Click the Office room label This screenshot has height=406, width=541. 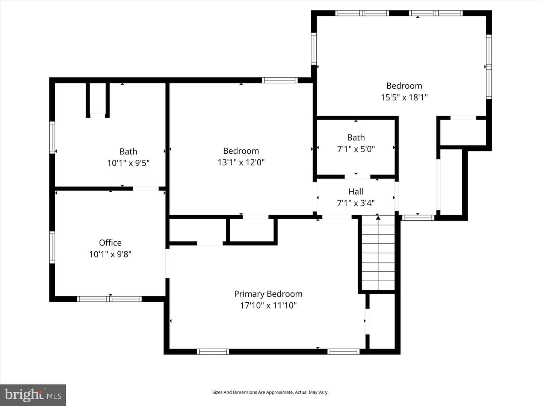pos(110,243)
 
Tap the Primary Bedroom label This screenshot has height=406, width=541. pos(268,294)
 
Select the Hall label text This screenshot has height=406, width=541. pos(356,192)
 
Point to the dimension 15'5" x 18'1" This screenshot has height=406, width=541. pos(404,97)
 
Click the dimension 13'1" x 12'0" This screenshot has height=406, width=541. pos(241,162)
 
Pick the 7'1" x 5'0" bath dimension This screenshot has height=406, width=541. pos(356,149)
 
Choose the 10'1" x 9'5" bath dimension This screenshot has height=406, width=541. pos(128,163)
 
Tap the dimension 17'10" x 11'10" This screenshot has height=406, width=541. pos(268,306)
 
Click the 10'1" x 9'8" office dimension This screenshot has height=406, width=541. pos(110,254)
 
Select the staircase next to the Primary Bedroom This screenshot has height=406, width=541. pos(378,253)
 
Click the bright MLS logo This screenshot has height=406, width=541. pos(33,395)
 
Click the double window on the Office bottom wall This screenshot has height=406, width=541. pos(109,299)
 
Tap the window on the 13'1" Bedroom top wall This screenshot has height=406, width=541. pos(280,80)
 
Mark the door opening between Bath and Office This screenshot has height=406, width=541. pos(146,189)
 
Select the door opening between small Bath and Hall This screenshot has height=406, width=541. pos(357,177)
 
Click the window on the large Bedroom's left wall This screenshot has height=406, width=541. pos(314,48)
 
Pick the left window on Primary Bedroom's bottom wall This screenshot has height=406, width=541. pos(213,351)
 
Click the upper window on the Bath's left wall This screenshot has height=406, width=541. pos(52,138)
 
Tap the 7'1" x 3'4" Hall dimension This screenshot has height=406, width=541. pos(356,203)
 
